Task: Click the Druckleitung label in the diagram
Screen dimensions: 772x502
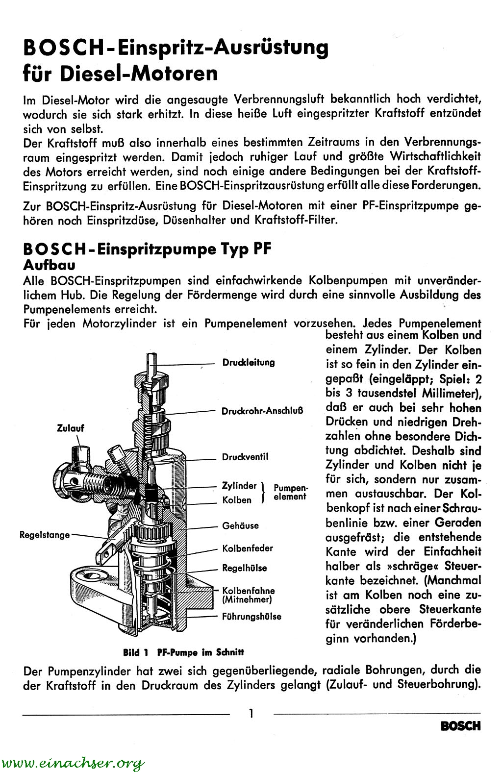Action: point(249,363)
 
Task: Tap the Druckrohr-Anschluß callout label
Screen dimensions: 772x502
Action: point(262,410)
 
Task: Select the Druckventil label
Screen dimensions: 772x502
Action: point(245,457)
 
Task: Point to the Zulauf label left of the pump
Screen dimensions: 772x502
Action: point(71,428)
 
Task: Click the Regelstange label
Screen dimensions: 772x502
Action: point(45,535)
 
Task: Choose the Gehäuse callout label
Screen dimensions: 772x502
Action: point(240,525)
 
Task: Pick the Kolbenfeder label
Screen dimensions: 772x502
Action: point(248,548)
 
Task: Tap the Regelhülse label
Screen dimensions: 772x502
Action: point(245,568)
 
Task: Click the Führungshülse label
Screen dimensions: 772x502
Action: point(251,616)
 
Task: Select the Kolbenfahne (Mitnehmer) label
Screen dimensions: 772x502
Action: point(248,595)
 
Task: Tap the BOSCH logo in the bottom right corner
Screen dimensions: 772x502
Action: point(461,726)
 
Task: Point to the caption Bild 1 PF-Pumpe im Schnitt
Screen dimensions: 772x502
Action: point(183,652)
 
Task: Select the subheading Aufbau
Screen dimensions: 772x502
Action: point(49,265)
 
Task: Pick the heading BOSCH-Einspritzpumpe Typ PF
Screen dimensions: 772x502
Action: point(147,249)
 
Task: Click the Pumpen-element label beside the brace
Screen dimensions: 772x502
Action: point(290,492)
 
